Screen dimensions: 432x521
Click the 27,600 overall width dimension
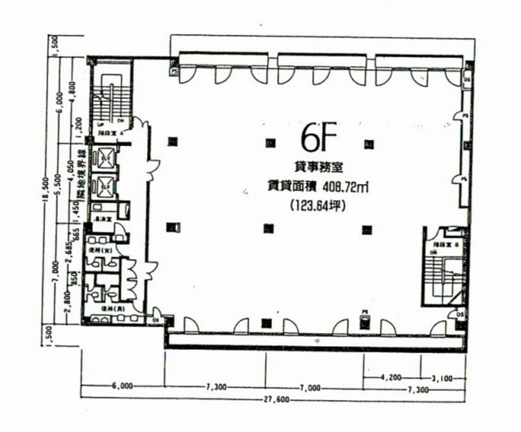276,399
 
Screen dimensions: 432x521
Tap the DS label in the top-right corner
467,80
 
